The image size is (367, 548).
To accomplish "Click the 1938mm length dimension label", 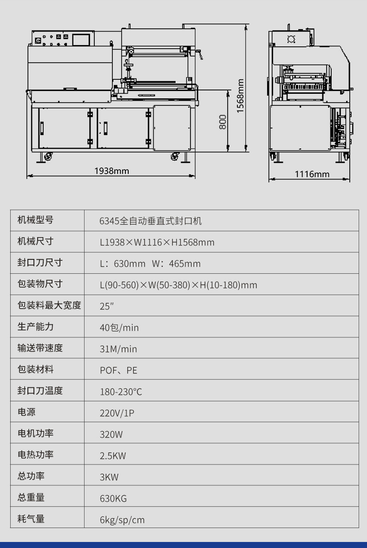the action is pos(111,171).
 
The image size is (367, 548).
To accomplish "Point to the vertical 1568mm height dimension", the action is pos(246,88).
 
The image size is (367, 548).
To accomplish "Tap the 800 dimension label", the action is pos(223,122).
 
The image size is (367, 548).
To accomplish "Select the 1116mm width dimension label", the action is pos(312,174).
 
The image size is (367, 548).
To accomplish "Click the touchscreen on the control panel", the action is pos(81,39).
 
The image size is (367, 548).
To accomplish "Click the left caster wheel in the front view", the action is pos(48,157).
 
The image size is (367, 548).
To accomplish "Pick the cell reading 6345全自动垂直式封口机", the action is pos(151,221).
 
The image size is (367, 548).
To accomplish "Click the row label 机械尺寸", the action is pos(35,241).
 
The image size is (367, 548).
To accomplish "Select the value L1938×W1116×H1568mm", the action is pos(157,242).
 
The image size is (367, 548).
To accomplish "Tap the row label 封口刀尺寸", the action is pos(40,263).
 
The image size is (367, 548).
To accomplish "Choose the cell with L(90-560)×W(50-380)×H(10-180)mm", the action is pos(178,285).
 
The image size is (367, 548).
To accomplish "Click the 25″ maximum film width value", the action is pos(107,306).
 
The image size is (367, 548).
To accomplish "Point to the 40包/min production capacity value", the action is pos(119,328).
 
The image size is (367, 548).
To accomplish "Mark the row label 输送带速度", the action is pos(40,348).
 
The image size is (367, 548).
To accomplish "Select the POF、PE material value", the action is pos(118,370).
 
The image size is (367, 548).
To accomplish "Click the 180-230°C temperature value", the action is pos(121,392).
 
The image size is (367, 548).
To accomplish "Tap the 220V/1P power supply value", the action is pos(117,413).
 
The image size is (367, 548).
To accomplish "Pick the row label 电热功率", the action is pos(35,454).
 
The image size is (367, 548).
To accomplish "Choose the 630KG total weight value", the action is pos(113,498).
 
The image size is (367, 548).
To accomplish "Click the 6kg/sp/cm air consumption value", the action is pos(122,520).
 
